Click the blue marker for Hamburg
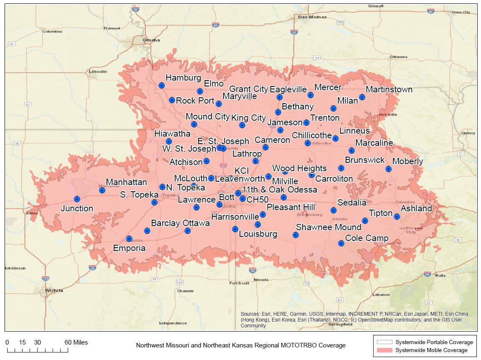coord(162,85)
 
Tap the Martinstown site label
coord(389,89)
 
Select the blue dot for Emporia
coord(129,239)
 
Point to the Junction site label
coord(77,208)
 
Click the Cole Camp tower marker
coord(341,243)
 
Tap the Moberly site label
coord(407,161)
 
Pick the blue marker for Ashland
coord(397,216)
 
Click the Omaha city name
coord(151,40)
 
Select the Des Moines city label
coord(312,17)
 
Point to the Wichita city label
coord(54,290)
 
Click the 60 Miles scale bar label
coord(76,342)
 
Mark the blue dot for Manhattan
coord(102,190)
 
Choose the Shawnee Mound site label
coord(328,227)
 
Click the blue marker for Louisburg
coord(235,229)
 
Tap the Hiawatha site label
coord(172,134)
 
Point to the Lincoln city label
coord(98,71)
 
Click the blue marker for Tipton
coord(365,221)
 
